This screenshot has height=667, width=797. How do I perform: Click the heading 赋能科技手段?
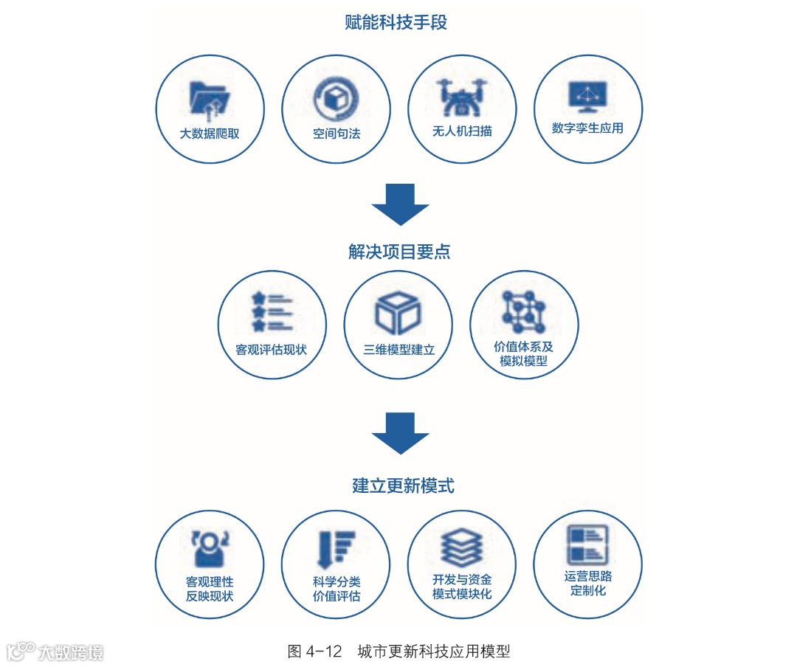[396, 23]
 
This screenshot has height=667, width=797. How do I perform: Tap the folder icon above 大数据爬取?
[210, 97]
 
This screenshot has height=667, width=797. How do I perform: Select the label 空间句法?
[337, 134]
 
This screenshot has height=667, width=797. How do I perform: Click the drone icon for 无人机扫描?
[462, 97]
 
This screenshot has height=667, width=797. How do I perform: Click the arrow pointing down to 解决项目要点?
[400, 204]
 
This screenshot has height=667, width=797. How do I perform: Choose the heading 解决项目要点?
[399, 252]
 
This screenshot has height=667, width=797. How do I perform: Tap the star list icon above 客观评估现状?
[272, 311]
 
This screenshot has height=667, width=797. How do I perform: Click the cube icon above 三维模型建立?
[398, 313]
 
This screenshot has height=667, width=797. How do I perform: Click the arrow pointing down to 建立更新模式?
[400, 433]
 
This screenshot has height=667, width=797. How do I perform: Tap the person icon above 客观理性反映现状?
[210, 548]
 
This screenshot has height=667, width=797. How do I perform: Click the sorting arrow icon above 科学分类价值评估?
[335, 548]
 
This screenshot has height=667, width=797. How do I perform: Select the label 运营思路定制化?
[587, 583]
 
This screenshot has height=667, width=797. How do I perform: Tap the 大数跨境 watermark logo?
[55, 651]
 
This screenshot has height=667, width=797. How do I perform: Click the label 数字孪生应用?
[587, 128]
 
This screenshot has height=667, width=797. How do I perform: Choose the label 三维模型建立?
[398, 350]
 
